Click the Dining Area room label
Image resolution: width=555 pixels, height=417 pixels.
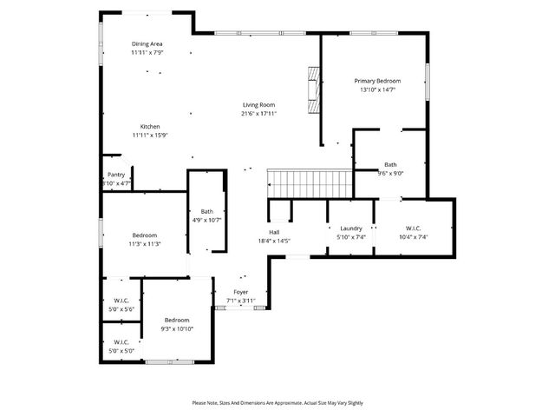147,43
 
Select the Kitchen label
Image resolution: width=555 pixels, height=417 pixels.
150,126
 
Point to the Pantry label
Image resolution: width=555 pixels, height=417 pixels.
116,175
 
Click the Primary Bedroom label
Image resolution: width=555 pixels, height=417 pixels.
377,81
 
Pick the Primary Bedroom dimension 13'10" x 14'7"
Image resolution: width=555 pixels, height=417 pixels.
377,89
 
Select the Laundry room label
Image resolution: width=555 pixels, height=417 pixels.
350,228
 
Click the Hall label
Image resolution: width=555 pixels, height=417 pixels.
274,232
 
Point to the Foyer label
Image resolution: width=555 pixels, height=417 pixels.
240,292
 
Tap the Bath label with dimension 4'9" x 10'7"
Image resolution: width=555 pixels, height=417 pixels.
207,211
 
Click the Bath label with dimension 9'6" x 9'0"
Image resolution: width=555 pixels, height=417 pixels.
390,164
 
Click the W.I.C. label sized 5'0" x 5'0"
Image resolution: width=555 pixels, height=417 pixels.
121,341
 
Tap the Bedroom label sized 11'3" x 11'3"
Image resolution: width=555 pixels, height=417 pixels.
145,235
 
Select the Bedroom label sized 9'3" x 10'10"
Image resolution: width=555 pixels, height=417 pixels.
177,320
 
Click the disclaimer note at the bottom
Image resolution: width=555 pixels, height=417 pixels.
277,403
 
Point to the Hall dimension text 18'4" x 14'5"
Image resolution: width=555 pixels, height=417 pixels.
274,241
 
